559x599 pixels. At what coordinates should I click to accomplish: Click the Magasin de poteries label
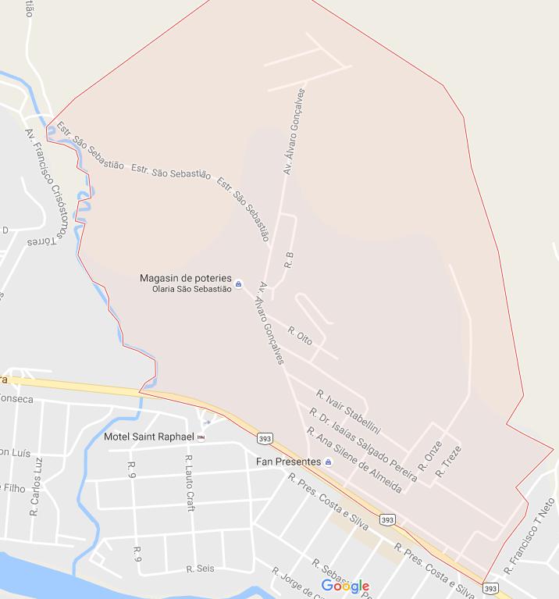point(186,278)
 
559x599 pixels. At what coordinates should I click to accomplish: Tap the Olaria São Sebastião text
point(191,289)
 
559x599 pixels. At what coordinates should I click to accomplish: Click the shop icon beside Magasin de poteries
point(239,284)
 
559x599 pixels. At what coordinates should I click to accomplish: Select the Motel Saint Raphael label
point(148,437)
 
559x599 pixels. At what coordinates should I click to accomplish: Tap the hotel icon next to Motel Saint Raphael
point(201,437)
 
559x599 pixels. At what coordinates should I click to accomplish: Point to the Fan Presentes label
point(288,462)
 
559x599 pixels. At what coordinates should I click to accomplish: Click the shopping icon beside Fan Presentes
point(328,462)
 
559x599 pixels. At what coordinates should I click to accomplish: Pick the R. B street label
point(289,260)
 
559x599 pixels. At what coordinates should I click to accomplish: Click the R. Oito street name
point(301,336)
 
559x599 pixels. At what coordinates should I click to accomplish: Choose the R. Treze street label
point(449,461)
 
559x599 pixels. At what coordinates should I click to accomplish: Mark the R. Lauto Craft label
point(190,483)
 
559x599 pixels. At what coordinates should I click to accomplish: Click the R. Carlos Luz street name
point(35,487)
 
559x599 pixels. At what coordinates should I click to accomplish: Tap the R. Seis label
point(200,569)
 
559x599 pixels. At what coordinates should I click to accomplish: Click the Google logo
point(344,587)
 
